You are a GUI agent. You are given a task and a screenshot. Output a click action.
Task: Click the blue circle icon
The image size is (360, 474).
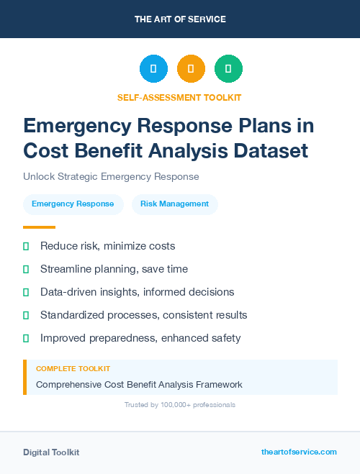(x=153, y=69)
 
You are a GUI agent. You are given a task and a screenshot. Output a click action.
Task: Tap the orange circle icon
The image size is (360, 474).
(x=191, y=69)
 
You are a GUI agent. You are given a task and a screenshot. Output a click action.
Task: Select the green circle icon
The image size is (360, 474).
(x=228, y=69)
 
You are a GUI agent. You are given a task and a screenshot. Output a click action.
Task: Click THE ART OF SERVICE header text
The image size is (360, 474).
(x=180, y=19)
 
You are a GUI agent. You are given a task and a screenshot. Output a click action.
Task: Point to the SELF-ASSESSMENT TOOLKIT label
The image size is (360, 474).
(x=179, y=97)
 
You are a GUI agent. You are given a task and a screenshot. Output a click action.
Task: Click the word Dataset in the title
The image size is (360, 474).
(x=267, y=150)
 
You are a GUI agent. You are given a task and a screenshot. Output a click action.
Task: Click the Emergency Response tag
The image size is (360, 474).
(x=73, y=204)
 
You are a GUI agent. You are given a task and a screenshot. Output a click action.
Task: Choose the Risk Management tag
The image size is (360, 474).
(x=174, y=204)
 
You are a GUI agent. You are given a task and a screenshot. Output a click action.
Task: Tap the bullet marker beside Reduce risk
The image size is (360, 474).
(x=26, y=246)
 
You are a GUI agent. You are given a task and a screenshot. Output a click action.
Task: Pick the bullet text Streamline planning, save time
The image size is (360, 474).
(x=114, y=269)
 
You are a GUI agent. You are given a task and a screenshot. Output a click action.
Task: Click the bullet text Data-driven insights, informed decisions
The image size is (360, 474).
(x=137, y=292)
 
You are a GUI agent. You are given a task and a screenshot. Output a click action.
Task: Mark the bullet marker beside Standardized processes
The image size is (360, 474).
(x=26, y=315)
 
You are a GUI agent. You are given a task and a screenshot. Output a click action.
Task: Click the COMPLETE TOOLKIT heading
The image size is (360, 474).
(x=69, y=368)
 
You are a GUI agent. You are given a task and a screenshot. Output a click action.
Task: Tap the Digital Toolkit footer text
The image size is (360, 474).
(x=51, y=452)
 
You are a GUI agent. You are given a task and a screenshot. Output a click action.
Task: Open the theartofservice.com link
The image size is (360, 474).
(x=299, y=452)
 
